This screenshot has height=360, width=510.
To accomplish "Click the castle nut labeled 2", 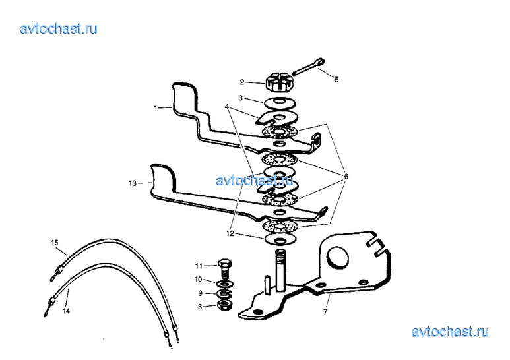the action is pyautogui.click(x=276, y=82).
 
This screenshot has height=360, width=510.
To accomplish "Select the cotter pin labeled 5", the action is pyautogui.click(x=309, y=67).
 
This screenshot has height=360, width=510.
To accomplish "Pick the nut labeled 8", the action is pyautogui.click(x=224, y=305).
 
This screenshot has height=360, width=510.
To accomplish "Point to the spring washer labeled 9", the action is pyautogui.click(x=225, y=294).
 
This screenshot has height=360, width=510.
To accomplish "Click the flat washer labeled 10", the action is pyautogui.click(x=224, y=284).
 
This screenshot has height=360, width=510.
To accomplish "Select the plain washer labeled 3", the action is pyautogui.click(x=279, y=104).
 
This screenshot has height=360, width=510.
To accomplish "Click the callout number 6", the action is pyautogui.click(x=346, y=177).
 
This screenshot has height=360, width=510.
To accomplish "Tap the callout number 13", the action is pyautogui.click(x=133, y=183).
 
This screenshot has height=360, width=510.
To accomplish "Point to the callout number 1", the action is pyautogui.click(x=156, y=108).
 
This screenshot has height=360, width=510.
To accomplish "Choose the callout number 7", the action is pyautogui.click(x=325, y=312).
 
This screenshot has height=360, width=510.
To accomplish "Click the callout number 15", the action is pyautogui.click(x=55, y=243).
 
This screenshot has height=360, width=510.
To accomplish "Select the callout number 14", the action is pyautogui.click(x=66, y=311).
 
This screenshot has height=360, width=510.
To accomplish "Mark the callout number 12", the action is pyautogui.click(x=230, y=233).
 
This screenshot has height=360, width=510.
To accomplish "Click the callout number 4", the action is pyautogui.click(x=227, y=107).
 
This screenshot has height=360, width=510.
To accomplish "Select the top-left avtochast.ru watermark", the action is pyautogui.click(x=59, y=28).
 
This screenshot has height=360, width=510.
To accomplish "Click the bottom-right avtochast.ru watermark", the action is pyautogui.click(x=450, y=332).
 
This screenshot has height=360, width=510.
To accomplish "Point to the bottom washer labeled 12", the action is pyautogui.click(x=280, y=239).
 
